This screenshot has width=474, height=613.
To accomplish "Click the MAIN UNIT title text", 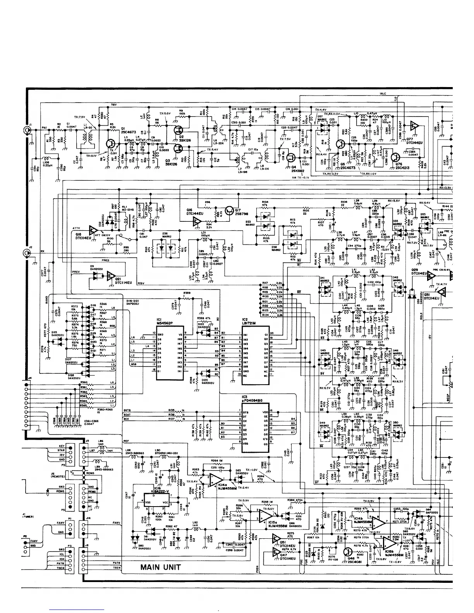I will coord(160,568).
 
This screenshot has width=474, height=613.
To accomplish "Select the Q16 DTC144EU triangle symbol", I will coord(196,221).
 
